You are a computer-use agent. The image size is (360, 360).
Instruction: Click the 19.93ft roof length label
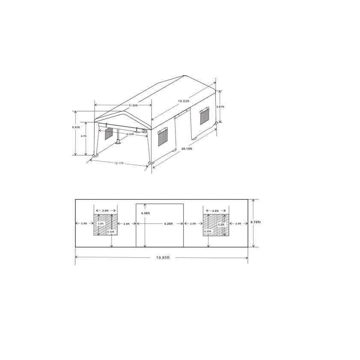pyautogui.click(x=184, y=101)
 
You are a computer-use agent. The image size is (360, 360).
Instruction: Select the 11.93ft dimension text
pyautogui.click(x=133, y=105)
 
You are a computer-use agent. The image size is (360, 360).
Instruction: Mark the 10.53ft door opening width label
pyautogui.click(x=129, y=134)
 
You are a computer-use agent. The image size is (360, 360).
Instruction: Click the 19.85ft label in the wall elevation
pyautogui.click(x=163, y=258)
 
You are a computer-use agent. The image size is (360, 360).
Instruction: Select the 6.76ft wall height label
pyautogui.click(x=256, y=222)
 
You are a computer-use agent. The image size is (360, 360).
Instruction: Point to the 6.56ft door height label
pyautogui.click(x=145, y=213)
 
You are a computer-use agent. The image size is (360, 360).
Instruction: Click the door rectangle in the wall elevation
pyautogui.click(x=160, y=235)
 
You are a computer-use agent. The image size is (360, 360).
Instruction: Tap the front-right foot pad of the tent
pyautogui.click(x=151, y=163)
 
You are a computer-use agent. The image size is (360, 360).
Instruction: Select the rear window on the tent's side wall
pyautogui.click(x=205, y=116)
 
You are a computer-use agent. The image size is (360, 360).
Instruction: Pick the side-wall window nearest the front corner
pyautogui.click(x=163, y=138)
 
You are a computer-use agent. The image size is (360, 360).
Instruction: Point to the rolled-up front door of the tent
pyautogui.click(x=122, y=128)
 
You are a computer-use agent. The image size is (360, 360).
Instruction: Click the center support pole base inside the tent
pyautogui.click(x=118, y=143)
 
